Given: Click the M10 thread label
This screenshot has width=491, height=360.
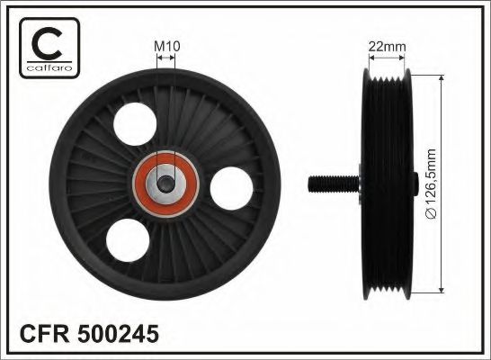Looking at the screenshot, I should pyautogui.click(x=166, y=45).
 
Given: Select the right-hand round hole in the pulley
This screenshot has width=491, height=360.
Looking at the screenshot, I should pyautogui.click(x=231, y=188).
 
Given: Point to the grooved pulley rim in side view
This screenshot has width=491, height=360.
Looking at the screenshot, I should pyautogui.click(x=386, y=184).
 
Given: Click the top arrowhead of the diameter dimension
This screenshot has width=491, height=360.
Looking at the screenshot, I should pyautogui.click(x=442, y=81).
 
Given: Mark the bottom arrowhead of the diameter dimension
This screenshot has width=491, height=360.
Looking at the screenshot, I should pyautogui.click(x=442, y=289).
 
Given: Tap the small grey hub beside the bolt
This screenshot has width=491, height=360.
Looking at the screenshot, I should pyautogui.click(x=356, y=184).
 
